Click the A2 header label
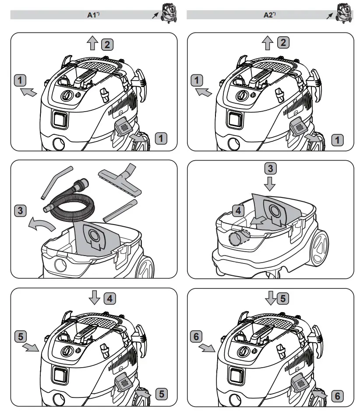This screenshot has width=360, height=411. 268,15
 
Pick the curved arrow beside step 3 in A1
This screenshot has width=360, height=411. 42,225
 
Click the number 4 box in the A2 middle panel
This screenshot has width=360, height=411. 238,211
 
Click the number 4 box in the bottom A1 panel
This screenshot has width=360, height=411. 110,299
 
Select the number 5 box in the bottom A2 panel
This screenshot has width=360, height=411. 282,299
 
